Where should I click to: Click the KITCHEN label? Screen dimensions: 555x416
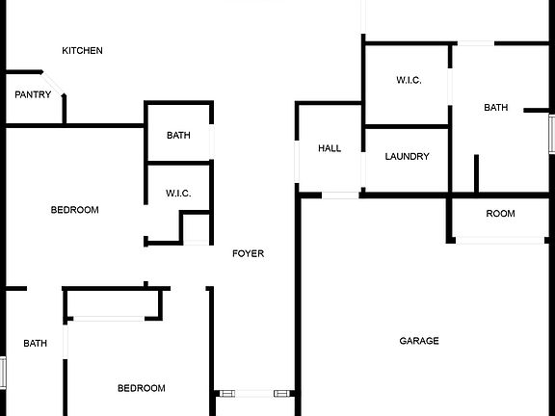coord(82,51)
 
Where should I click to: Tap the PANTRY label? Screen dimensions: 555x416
coord(33,94)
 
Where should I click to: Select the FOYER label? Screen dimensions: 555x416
coord(249,253)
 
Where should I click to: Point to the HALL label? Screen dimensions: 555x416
coord(330,148)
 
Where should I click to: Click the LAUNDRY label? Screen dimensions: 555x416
coord(407,156)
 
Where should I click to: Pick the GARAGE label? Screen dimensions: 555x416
coord(419,341)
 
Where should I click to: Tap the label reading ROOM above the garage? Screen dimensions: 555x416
coord(500,214)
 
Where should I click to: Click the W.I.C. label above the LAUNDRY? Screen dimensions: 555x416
coord(409,80)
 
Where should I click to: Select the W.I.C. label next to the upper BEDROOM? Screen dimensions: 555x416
coord(178,194)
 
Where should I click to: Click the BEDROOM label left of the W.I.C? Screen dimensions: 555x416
coord(75,210)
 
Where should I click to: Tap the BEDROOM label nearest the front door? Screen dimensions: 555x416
coord(142,388)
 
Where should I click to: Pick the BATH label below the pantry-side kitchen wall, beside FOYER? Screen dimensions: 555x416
coord(178,135)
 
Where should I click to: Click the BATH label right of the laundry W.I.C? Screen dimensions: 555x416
coord(496,107)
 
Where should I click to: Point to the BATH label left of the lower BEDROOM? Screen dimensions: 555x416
coord(35,343)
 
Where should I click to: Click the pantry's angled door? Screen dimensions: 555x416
coord(53,84)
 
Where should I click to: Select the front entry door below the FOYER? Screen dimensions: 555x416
coord(254,393)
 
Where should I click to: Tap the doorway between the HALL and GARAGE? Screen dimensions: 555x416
coord(340,195)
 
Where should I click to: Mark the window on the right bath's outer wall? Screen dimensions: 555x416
coord(552,134)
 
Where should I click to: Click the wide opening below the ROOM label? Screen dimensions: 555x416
coord(500,240)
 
